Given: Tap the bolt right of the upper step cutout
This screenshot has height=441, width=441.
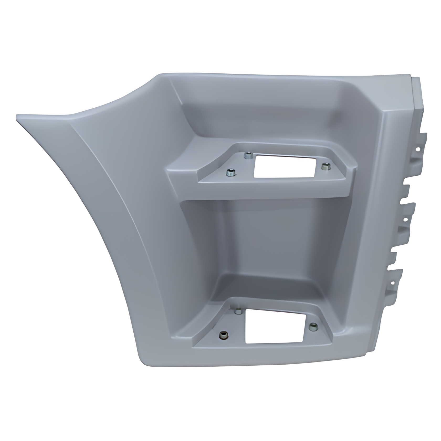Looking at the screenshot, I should coord(325,166).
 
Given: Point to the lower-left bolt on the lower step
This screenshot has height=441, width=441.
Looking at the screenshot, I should coord(223,334).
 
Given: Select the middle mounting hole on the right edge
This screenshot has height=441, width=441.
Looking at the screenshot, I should coord(405,219).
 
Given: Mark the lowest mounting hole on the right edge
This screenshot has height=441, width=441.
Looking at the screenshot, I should coord(393,283).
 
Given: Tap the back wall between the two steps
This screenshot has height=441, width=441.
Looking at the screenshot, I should coord(265,236).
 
